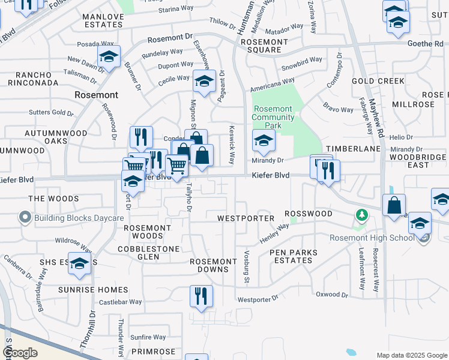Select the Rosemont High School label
point(372,238)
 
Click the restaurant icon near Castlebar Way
point(201,296)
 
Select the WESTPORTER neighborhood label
point(246,218)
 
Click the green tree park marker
point(361,214)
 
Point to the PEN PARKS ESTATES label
point(291,257)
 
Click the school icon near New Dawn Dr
point(109,57)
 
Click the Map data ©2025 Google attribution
point(411,355)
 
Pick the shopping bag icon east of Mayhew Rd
point(394,205)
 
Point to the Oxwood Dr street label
point(332,295)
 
